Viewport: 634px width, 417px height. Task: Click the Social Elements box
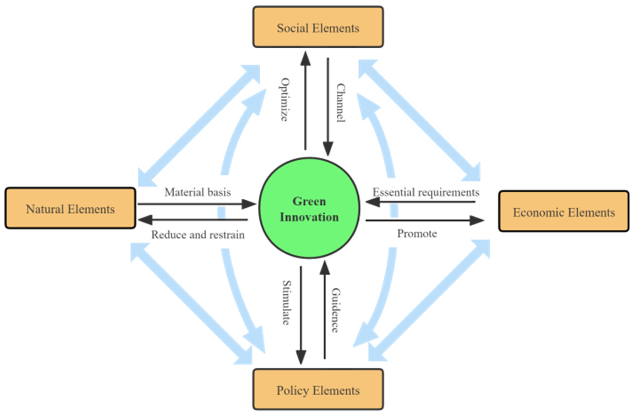(x=318, y=27)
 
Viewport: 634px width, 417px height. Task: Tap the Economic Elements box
(x=564, y=211)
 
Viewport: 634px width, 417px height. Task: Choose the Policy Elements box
(x=318, y=390)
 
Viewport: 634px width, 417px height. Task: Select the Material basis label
(x=197, y=192)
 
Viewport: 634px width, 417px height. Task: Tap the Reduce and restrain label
(x=198, y=235)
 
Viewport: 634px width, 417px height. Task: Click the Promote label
(x=417, y=233)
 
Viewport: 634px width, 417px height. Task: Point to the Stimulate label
(x=286, y=303)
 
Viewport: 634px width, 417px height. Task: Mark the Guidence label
(x=335, y=310)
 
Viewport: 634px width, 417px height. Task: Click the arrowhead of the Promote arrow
(x=477, y=220)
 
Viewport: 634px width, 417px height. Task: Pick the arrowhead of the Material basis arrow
(x=249, y=204)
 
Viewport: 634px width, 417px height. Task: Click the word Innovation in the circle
(x=309, y=217)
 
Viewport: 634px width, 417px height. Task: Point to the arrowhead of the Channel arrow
(x=328, y=149)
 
